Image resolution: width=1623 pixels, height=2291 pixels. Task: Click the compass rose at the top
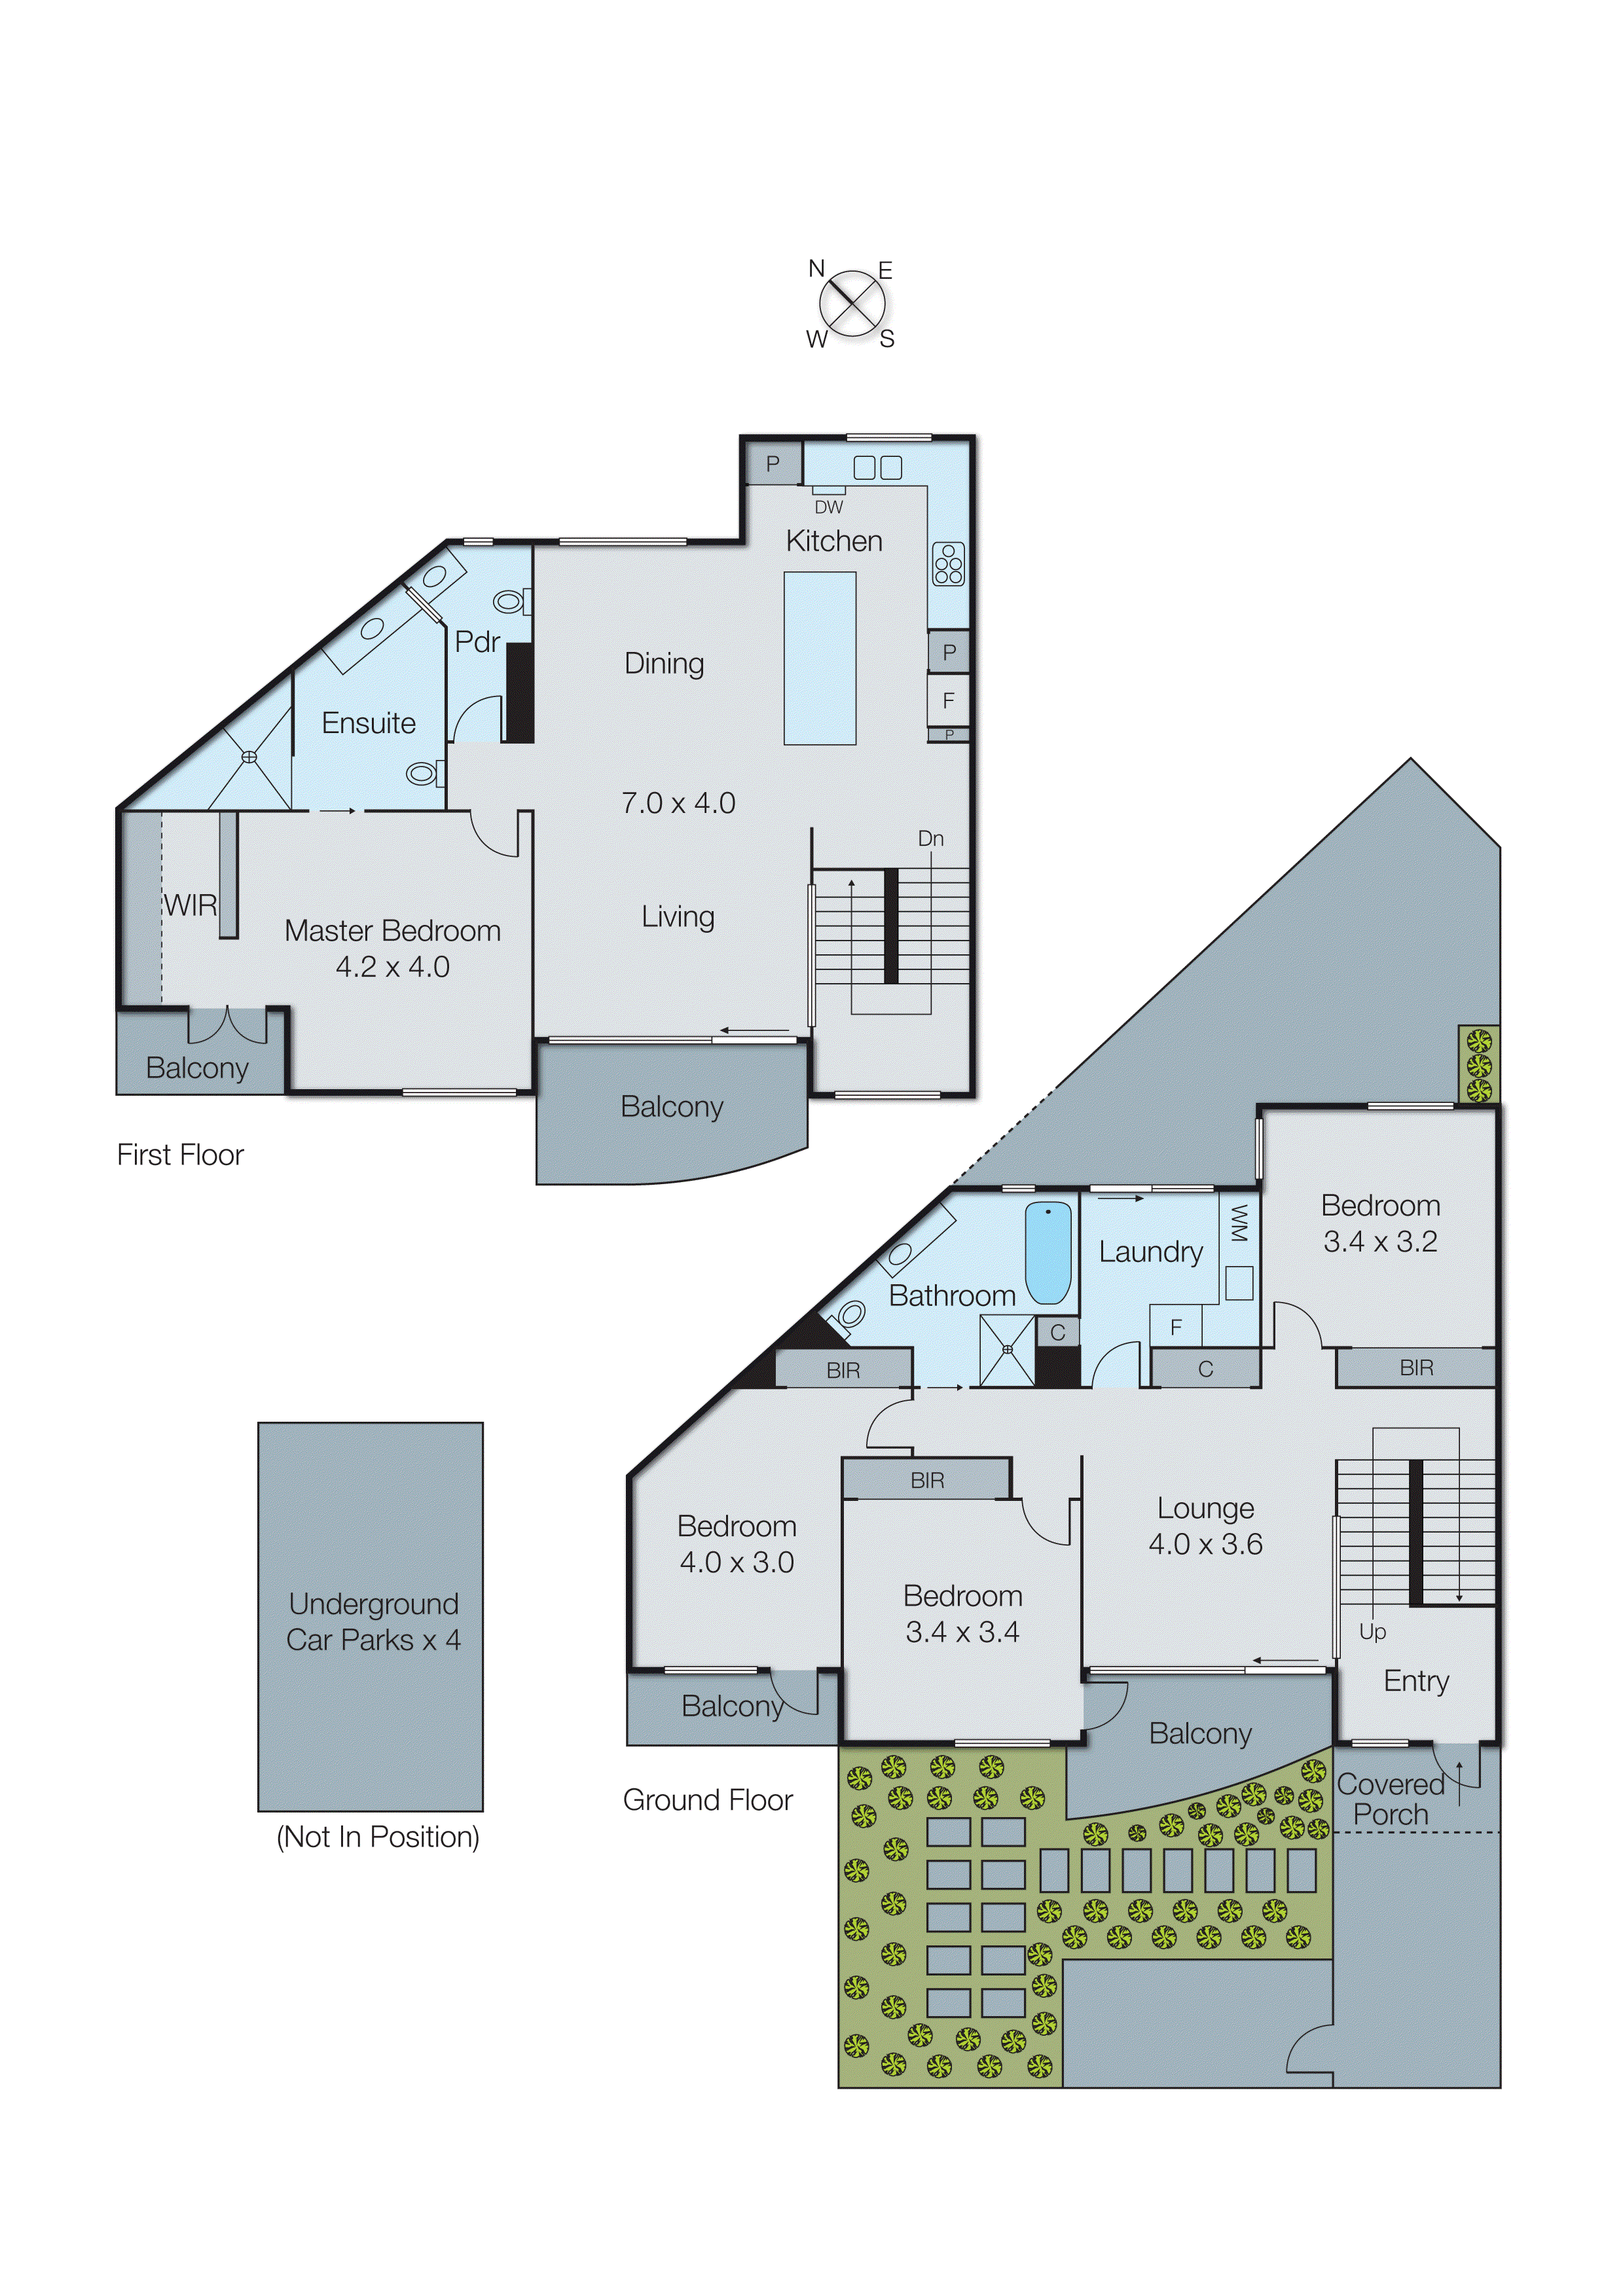[852, 304]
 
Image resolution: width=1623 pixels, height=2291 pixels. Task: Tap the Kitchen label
[833, 541]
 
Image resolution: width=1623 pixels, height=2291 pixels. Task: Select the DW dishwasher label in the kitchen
[828, 507]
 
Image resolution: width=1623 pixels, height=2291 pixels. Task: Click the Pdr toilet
[511, 602]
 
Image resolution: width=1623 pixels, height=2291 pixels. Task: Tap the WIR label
[190, 905]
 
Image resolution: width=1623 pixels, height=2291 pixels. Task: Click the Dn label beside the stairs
[930, 839]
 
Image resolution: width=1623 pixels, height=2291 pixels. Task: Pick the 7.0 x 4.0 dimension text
[678, 803]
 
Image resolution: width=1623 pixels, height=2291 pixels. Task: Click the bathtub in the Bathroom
[1048, 1252]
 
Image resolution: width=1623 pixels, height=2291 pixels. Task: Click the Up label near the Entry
[1372, 1632]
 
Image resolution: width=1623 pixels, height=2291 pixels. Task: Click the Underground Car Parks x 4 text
[373, 1621]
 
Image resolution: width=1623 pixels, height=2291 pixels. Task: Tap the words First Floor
[180, 1155]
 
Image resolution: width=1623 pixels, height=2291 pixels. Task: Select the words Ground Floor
[708, 1801]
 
